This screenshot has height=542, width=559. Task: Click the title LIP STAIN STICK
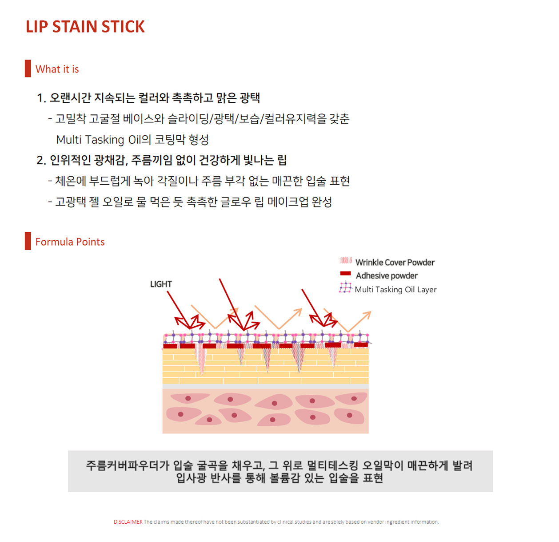(85, 27)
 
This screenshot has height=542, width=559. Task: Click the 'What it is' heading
(57, 69)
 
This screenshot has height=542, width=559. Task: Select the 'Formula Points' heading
(70, 242)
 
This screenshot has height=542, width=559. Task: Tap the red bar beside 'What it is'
(28, 69)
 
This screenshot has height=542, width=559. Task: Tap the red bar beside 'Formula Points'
(28, 241)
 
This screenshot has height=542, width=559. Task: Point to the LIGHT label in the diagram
(161, 284)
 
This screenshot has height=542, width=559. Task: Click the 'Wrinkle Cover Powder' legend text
(395, 263)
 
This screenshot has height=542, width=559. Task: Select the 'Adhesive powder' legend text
(387, 276)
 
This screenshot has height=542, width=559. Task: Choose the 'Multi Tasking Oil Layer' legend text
(395, 290)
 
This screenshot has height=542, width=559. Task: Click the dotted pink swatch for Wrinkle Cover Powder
(345, 261)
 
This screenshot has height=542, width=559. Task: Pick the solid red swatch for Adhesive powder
(345, 274)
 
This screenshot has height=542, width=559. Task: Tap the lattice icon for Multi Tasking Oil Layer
(345, 288)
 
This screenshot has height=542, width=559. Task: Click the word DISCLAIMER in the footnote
(128, 522)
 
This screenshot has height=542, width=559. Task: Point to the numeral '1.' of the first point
(41, 98)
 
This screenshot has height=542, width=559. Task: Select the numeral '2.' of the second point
(41, 160)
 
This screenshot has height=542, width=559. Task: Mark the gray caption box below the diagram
(280, 471)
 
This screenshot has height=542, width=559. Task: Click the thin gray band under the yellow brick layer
(265, 387)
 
